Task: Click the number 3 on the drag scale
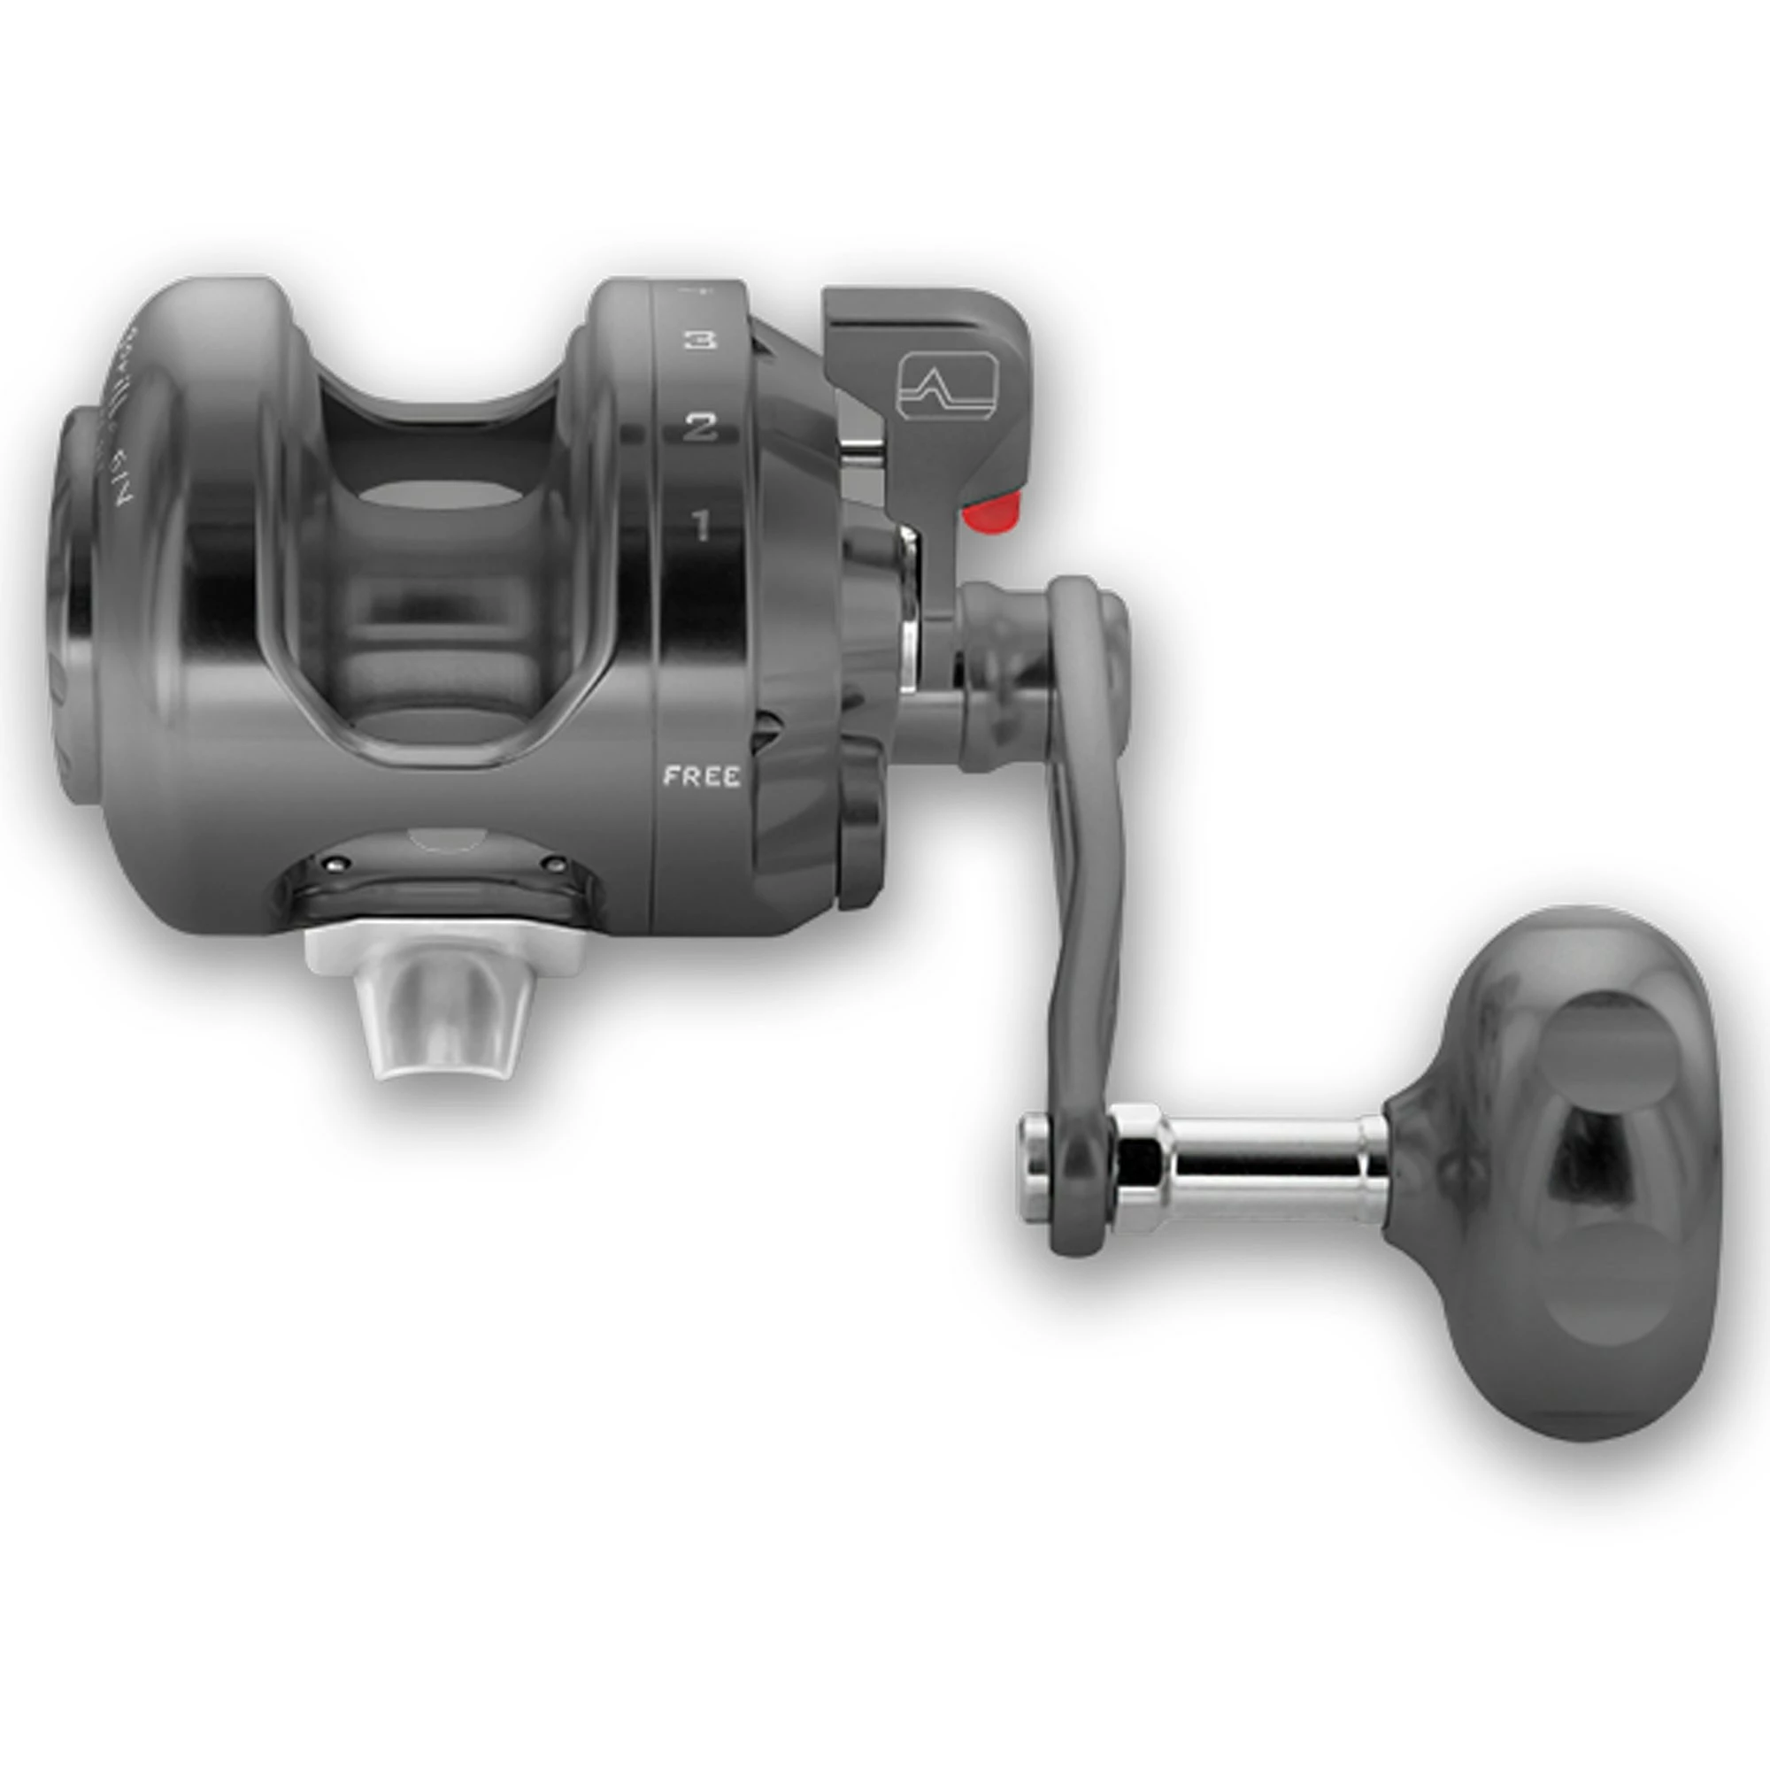pos(700,341)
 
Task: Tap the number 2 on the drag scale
pos(700,427)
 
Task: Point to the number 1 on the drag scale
pos(701,526)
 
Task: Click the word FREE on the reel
pos(702,777)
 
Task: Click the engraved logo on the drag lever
pos(945,389)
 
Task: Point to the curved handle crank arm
pos(1086,880)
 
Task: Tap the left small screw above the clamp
pos(337,861)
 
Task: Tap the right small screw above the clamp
pos(554,863)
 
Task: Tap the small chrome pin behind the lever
pos(861,449)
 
